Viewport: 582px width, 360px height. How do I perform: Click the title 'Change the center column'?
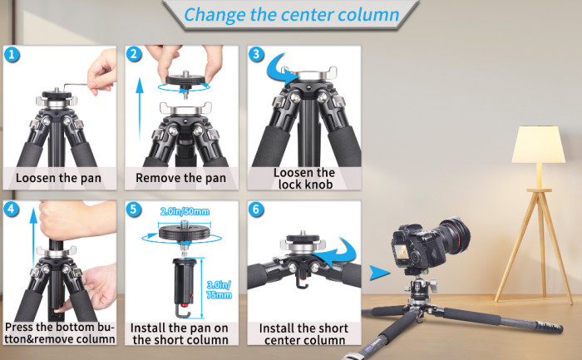pyautogui.click(x=290, y=14)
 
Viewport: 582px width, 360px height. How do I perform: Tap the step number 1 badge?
pyautogui.click(x=11, y=55)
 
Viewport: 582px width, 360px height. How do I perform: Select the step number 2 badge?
pyautogui.click(x=134, y=55)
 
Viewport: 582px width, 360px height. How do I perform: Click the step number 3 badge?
pyautogui.click(x=256, y=55)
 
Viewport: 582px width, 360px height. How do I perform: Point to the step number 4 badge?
pyautogui.click(x=11, y=209)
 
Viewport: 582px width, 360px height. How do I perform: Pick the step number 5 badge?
pyautogui.click(x=134, y=209)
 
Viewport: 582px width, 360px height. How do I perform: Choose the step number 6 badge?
pyautogui.click(x=256, y=209)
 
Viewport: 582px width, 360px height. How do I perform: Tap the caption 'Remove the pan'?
pyautogui.click(x=180, y=177)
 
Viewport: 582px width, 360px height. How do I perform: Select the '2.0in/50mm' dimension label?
pyautogui.click(x=185, y=212)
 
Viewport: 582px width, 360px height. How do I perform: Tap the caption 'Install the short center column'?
pyautogui.click(x=303, y=333)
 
